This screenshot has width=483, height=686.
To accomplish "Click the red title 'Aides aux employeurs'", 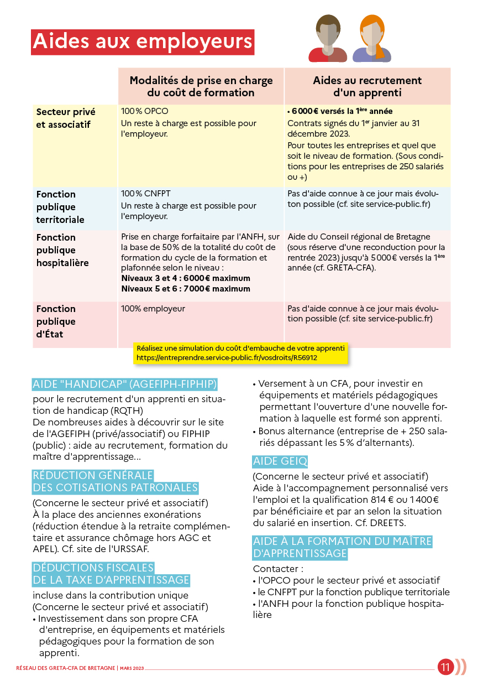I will pos(143,42).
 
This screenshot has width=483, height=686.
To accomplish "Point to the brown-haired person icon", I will pos(328,39).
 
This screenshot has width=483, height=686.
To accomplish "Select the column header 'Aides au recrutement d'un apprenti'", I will pos(367,86).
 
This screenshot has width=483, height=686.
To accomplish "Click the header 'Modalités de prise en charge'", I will pos(201,81).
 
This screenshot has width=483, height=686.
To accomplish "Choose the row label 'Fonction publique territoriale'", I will pos(60,207).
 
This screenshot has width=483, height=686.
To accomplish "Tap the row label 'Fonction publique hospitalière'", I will pos(62,250).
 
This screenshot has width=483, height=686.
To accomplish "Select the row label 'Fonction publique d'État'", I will pos(56,321).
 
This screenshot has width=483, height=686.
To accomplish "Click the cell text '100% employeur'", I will pos(153,309).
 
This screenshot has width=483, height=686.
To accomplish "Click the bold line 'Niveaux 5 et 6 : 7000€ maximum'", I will pos(186,289).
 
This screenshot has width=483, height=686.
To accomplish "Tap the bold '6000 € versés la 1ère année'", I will pos(340,111).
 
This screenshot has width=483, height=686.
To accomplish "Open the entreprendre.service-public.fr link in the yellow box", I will pos(227,358).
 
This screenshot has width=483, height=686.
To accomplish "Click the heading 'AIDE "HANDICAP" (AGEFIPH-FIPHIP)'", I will pos(125,384).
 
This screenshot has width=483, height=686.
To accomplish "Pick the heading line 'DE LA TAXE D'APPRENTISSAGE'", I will pos(111,580).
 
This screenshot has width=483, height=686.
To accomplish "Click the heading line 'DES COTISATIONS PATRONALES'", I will pos(115,487).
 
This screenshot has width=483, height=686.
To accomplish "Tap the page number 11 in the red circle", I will pos(445,667).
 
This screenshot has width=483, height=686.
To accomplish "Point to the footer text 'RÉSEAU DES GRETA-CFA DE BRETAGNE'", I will pos(65,668).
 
